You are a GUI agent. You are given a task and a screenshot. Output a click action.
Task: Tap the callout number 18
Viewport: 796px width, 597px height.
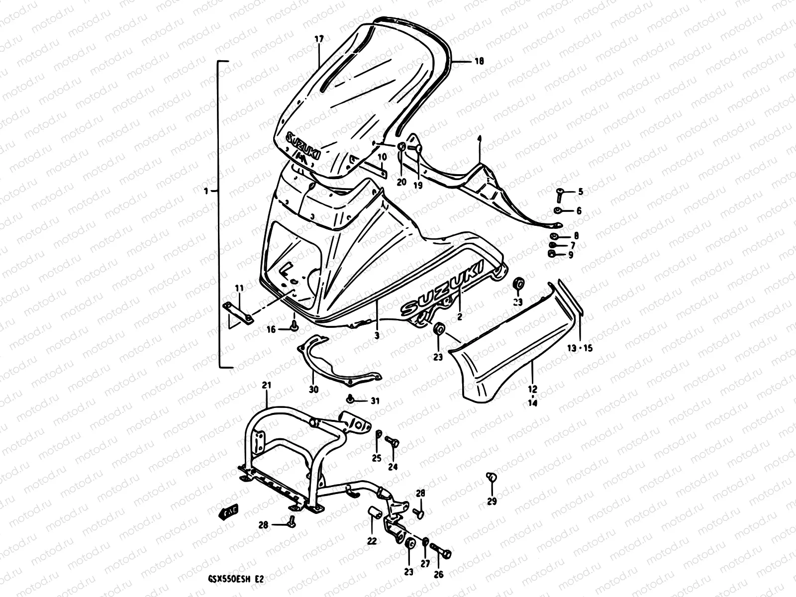[479, 62]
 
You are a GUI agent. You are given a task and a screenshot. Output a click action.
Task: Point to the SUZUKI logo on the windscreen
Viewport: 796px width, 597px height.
[302, 146]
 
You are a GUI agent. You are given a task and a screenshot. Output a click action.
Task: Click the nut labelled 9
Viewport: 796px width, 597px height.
[552, 254]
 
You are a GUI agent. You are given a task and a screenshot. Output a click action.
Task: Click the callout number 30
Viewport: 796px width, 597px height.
[313, 389]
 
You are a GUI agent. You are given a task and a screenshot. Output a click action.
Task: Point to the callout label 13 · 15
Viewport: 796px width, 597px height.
[580, 348]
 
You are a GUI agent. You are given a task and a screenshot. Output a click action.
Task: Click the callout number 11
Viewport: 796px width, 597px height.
[239, 288]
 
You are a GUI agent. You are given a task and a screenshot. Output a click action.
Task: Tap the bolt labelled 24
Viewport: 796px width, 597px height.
[392, 441]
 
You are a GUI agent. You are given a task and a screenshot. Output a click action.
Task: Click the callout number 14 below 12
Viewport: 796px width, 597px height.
[532, 403]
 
